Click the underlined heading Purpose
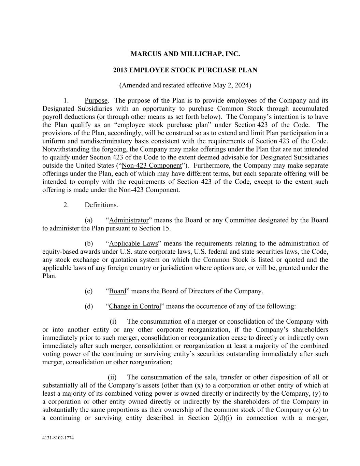coord(96,100)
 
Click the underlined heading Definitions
coord(101,205)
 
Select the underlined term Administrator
coord(129,220)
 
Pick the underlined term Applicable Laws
coord(133,243)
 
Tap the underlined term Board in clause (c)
coord(117,291)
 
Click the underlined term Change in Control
coord(135,306)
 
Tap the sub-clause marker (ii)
coord(112,377)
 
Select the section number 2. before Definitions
coord(66,205)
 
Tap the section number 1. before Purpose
coord(66,100)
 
